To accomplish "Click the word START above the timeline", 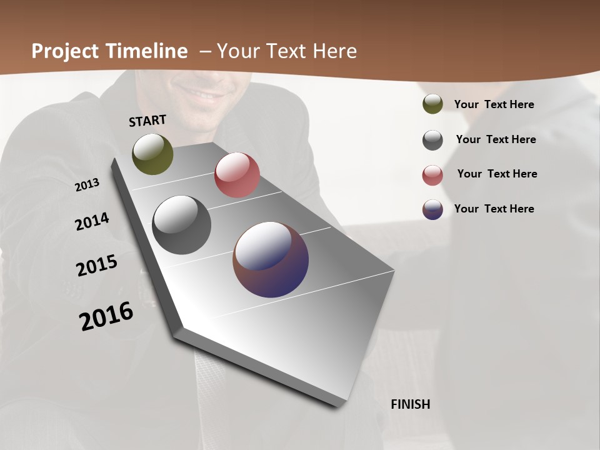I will [x=147, y=121].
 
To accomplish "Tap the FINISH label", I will [x=410, y=404].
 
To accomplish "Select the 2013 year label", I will [x=87, y=185].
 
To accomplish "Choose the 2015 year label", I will [x=97, y=266].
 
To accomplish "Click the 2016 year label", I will [x=106, y=316].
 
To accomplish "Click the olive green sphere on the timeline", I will [x=152, y=154].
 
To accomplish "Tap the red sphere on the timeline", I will [x=237, y=175].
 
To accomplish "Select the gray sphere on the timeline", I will [x=181, y=225].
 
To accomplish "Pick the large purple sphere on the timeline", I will [x=271, y=259].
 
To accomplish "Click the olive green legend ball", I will [x=432, y=104].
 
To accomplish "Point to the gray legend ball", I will [x=432, y=140].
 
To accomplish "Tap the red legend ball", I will [x=432, y=175].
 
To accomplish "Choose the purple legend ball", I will [x=432, y=209].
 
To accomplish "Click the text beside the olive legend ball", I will [x=494, y=105].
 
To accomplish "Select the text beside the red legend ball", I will [x=497, y=174].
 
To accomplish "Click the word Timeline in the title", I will [x=146, y=51].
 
